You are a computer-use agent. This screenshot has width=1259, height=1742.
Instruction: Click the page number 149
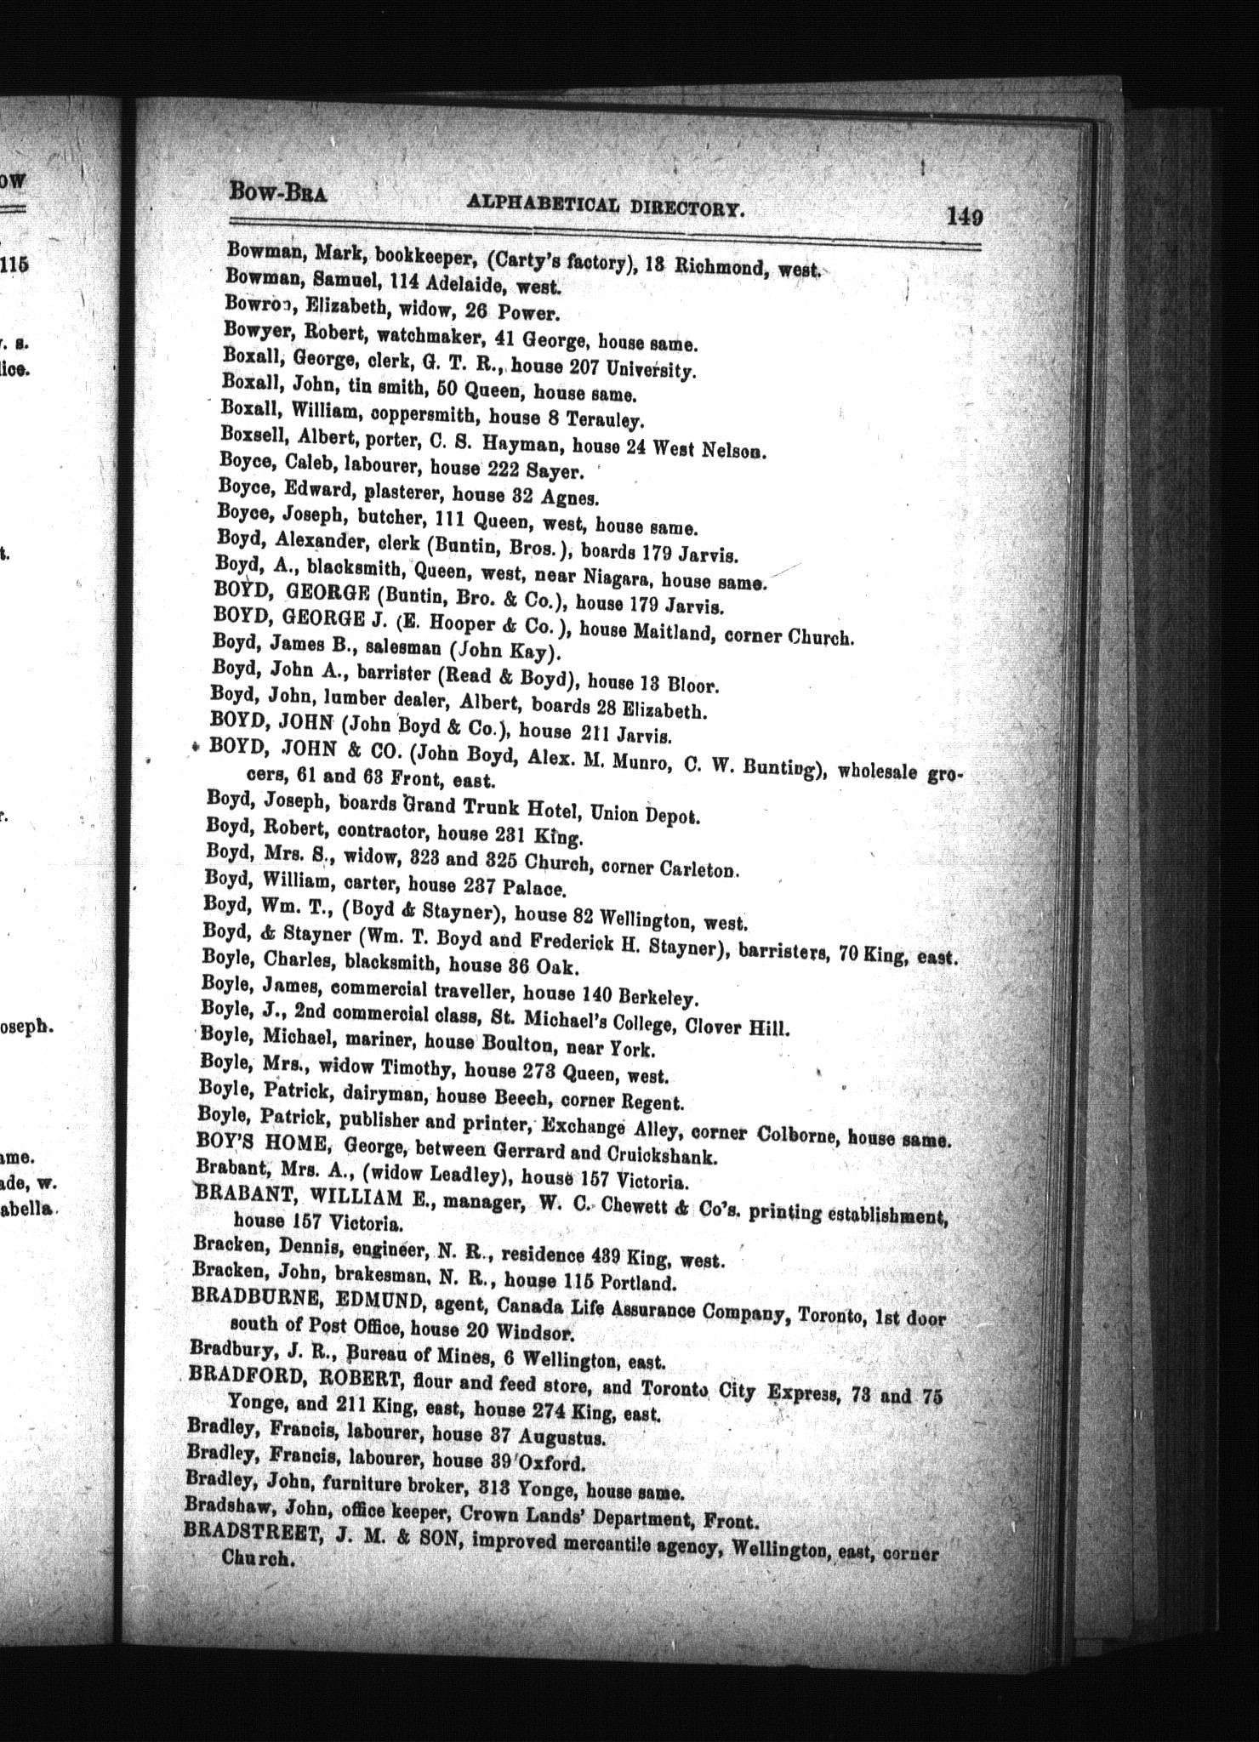coord(965,218)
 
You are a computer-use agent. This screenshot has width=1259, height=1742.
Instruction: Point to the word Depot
coord(670,814)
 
